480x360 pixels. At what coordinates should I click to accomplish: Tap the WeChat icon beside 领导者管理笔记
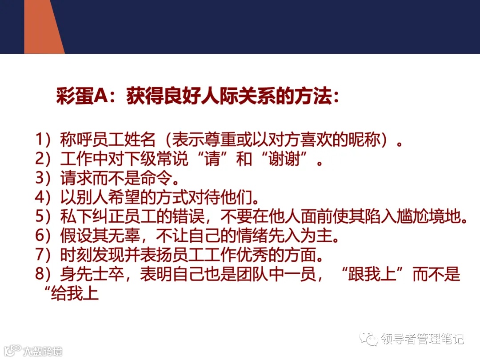tap(369, 339)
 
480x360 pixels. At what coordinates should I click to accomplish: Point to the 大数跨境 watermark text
tap(43, 351)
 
